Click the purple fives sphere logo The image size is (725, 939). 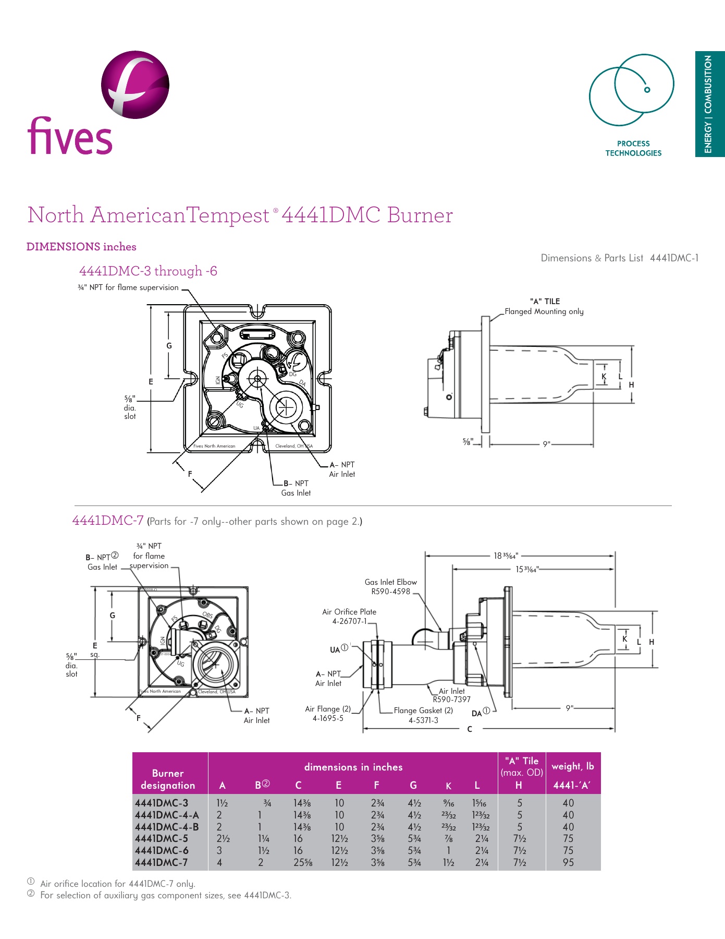(135, 84)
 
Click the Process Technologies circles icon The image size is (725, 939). (631, 89)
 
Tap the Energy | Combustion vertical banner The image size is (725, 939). (709, 104)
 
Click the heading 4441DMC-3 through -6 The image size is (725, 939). (148, 271)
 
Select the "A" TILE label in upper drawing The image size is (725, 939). (545, 302)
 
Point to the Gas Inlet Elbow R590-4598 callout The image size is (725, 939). (390, 587)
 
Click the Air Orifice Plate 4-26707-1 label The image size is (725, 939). (349, 617)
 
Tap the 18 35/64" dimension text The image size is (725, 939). (506, 556)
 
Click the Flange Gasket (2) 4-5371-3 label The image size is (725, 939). (423, 715)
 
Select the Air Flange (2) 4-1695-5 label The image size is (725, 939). (328, 714)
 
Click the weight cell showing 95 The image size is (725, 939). (568, 863)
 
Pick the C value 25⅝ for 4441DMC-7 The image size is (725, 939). (302, 863)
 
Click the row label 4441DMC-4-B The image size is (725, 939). (167, 827)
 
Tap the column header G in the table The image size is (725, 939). (413, 786)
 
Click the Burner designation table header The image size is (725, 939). (168, 779)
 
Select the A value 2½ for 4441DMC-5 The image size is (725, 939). (223, 839)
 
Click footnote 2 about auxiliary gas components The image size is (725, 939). (165, 896)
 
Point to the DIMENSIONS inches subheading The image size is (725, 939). (81, 247)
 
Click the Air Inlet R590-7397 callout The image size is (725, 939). (451, 695)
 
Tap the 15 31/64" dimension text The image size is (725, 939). (526, 569)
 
